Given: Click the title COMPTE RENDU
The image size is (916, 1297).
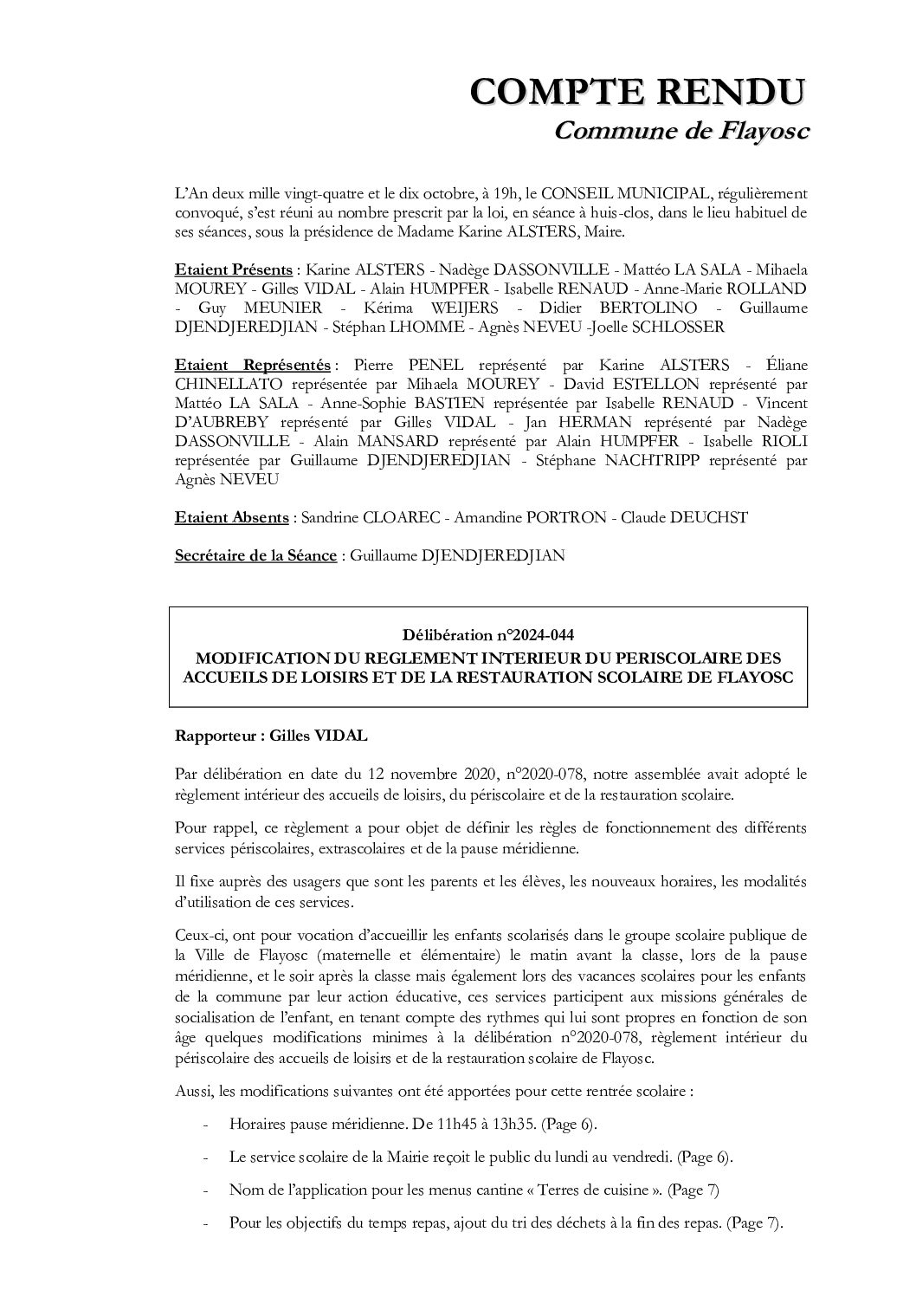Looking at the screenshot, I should (x=638, y=91).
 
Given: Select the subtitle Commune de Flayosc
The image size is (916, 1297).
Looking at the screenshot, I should (x=681, y=130).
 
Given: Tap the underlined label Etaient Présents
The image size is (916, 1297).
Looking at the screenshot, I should (x=233, y=269).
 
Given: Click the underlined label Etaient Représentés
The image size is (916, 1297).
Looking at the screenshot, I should (x=252, y=365).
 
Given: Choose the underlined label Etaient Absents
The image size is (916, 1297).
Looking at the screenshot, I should (x=231, y=517).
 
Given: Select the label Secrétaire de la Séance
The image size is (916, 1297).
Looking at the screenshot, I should (x=255, y=555).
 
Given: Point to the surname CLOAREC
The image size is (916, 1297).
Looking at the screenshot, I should (x=397, y=517).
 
